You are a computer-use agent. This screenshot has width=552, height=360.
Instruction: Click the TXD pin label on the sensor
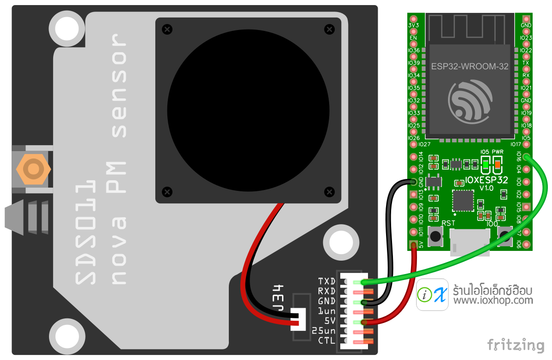(x=326, y=281)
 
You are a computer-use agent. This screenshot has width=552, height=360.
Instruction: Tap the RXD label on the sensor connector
(x=326, y=291)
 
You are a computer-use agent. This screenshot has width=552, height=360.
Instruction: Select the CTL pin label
(x=326, y=341)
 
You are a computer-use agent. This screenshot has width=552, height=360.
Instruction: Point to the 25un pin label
(x=324, y=331)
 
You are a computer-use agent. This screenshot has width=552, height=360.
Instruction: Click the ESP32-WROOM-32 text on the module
(x=470, y=66)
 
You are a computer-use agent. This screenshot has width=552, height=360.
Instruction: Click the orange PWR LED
(x=497, y=164)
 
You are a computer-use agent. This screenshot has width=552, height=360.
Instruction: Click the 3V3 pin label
(x=413, y=25)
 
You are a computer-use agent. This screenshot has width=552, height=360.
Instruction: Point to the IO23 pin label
(x=526, y=38)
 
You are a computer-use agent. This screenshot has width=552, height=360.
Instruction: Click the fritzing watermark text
(x=516, y=345)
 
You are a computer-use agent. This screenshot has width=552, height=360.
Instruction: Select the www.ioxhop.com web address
(x=493, y=301)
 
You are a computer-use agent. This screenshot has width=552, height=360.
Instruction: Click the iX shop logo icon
(x=432, y=294)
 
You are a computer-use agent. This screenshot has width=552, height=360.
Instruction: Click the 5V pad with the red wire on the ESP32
(x=413, y=244)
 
